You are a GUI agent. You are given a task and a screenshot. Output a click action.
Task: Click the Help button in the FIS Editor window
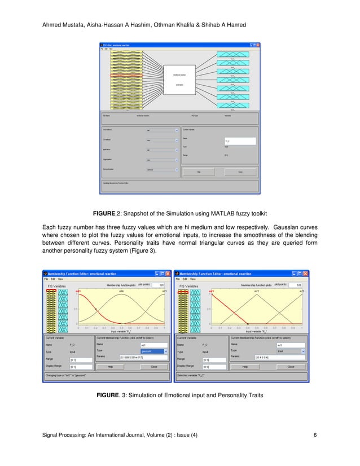click(199, 172)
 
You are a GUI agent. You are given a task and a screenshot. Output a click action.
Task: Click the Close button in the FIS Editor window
click(240, 172)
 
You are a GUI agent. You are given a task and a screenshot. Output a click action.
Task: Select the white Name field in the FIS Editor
click(240, 141)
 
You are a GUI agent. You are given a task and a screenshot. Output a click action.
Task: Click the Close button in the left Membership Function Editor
click(153, 366)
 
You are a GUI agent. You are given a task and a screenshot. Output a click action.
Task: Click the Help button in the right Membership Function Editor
click(245, 366)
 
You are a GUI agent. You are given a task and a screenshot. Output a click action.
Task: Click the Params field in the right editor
click(276, 357)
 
